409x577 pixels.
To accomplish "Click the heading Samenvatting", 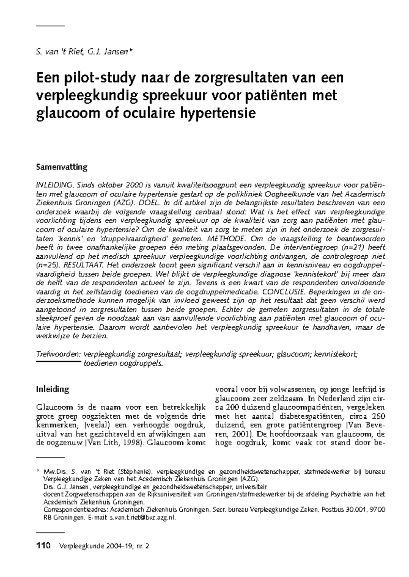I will pyautogui.click(x=62, y=167).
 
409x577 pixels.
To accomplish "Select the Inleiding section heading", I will pyautogui.click(x=52, y=389).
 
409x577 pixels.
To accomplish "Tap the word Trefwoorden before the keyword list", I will pyautogui.click(x=58, y=354).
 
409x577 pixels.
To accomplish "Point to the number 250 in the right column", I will pyautogui.click(x=378, y=416).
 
